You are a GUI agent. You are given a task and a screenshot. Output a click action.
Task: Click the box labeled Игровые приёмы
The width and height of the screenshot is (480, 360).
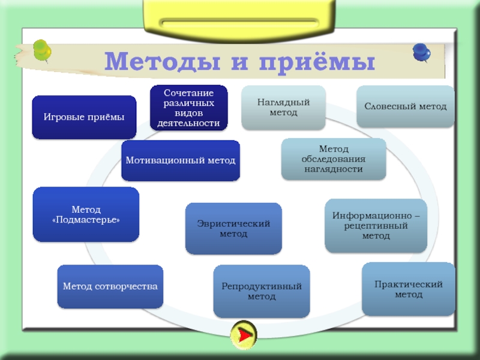84,117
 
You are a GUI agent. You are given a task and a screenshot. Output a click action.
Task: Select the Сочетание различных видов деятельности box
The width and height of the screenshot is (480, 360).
188,108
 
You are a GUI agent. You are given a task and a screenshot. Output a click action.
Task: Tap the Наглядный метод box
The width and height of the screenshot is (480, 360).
283,107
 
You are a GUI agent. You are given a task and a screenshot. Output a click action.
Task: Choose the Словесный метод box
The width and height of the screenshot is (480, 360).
406,106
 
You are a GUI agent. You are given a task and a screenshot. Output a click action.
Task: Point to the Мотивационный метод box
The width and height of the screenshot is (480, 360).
180,161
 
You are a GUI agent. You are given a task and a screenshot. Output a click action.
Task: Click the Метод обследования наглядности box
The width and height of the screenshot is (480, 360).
333,159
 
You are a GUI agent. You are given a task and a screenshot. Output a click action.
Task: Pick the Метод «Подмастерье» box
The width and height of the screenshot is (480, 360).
86,214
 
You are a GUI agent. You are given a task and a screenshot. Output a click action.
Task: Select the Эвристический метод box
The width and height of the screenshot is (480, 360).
233,228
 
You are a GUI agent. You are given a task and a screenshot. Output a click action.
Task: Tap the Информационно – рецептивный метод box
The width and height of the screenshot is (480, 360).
376,226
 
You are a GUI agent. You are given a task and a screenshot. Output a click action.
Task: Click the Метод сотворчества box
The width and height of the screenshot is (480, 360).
110,286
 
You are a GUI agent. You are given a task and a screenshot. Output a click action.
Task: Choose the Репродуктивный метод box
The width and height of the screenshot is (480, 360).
262,292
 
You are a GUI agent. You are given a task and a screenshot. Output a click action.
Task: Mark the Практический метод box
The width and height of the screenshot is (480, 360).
409,289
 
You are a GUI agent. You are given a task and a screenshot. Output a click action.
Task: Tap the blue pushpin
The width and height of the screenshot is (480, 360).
421,53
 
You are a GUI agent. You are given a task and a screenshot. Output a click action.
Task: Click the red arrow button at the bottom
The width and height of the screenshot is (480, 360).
244,334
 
